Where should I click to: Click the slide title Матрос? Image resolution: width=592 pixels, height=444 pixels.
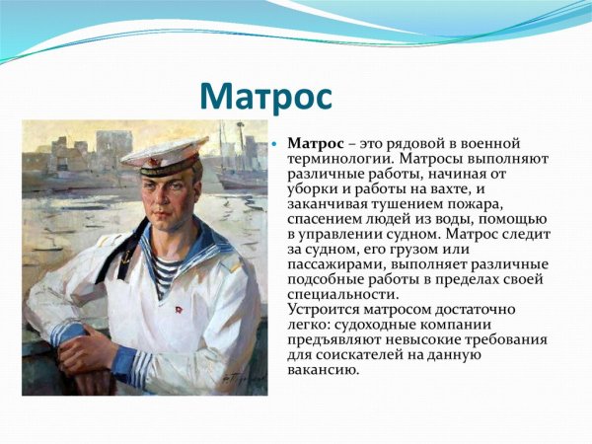265,97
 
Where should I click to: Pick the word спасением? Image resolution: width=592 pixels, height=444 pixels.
324,219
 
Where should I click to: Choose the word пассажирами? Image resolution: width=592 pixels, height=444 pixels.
335,264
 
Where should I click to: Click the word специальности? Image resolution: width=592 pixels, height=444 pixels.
341,294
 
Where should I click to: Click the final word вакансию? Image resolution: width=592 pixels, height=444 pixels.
323,370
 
